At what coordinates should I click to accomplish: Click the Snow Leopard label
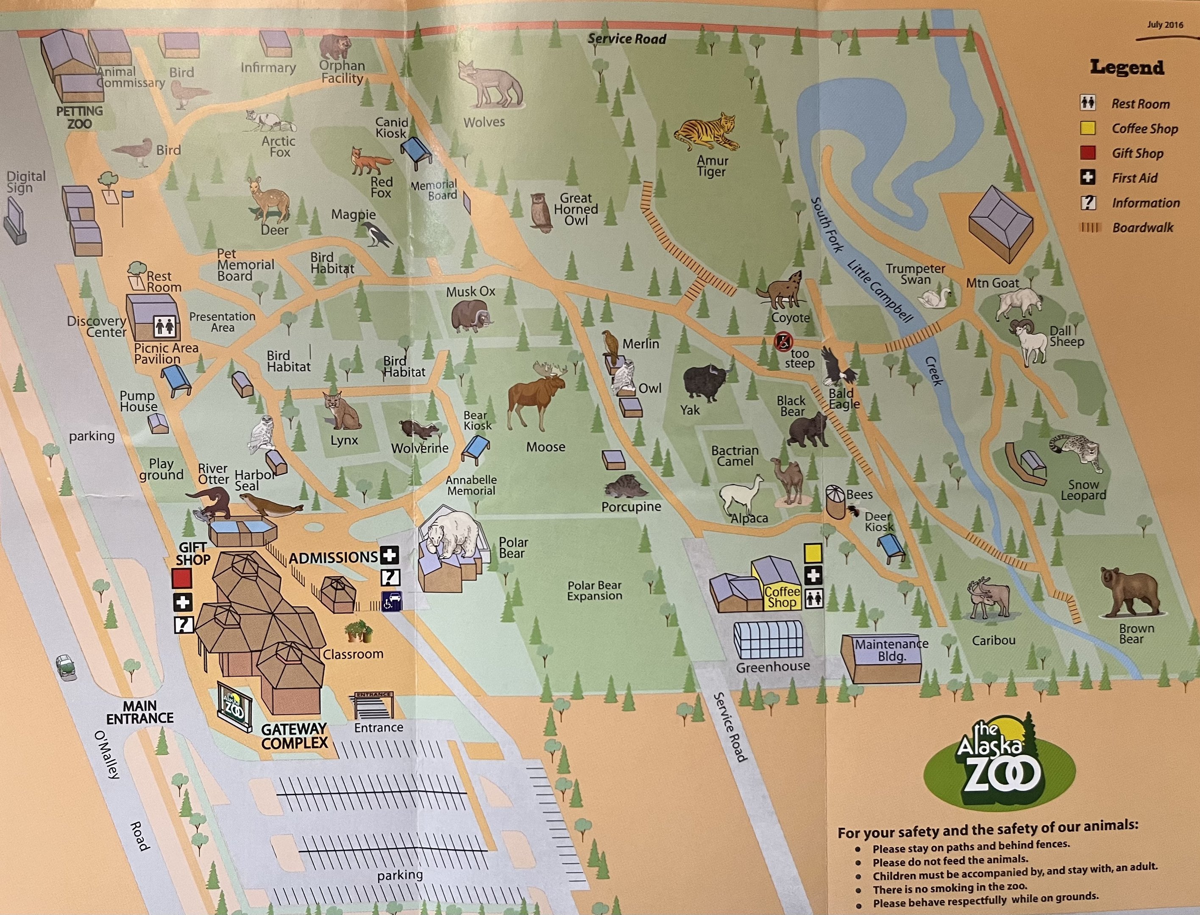(1083, 490)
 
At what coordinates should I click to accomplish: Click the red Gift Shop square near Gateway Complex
(181, 578)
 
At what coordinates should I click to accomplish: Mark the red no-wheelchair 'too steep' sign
(783, 341)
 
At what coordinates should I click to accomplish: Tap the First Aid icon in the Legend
(1088, 177)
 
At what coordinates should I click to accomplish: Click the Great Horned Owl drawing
(541, 212)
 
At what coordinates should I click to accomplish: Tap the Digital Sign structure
(15, 221)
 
